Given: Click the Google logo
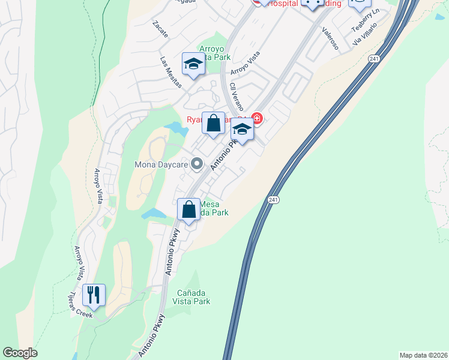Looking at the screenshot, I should point(20,353).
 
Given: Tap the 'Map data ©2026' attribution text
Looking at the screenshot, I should point(423,355).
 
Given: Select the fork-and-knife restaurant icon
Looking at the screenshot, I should point(94,294).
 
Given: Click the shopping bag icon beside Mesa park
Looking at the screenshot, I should point(189,209).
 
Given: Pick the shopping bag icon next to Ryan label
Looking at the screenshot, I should point(213,124).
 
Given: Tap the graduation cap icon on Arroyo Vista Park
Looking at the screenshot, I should point(193,64).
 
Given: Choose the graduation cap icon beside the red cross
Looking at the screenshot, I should point(242,128).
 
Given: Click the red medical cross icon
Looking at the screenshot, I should point(257,118).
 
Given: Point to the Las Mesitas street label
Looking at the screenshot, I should point(171,72).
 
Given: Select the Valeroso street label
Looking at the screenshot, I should point(330,38).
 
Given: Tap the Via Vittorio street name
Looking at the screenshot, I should point(366,34).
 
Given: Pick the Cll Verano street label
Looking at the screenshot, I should point(235,95).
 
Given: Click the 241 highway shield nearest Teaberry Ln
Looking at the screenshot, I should point(375,59).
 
